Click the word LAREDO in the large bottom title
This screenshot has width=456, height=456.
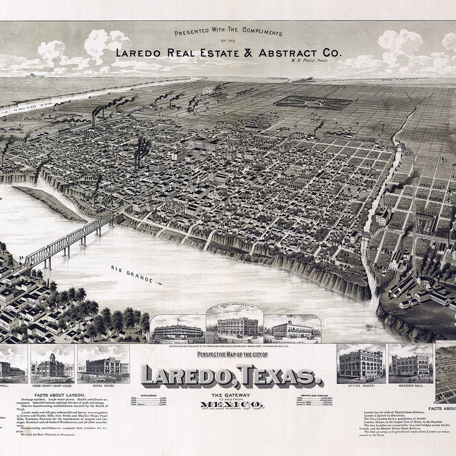point(188,376)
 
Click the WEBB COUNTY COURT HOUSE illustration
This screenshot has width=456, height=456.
point(52,365)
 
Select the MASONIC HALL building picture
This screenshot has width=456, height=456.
point(410,365)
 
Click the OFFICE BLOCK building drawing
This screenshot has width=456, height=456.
point(360,365)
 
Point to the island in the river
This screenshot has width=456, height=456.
point(48,202)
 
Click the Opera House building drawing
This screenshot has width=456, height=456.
point(106,365)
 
